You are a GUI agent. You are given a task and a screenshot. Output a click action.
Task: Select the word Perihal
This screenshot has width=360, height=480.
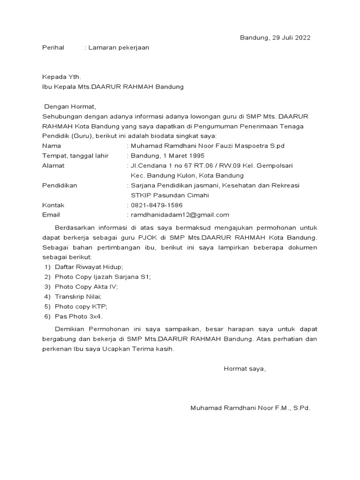pyautogui.click(x=53, y=48)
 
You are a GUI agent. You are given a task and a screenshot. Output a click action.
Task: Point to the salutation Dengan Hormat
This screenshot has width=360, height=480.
pyautogui.click(x=70, y=106)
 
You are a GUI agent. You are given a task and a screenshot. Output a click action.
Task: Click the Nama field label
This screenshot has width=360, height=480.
pyautogui.click(x=52, y=146)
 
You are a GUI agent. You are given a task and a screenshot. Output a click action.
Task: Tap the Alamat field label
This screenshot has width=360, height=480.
pyautogui.click(x=53, y=165)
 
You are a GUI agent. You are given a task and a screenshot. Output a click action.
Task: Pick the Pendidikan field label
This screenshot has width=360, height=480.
pyautogui.click(x=60, y=185)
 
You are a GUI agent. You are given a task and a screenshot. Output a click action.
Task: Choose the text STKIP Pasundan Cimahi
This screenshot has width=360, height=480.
pyautogui.click(x=170, y=195)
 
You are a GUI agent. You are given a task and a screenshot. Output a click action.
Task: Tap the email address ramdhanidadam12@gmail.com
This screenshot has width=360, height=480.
pyautogui.click(x=180, y=215)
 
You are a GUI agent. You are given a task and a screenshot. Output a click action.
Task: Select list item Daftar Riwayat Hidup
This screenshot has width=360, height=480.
pyautogui.click(x=89, y=267)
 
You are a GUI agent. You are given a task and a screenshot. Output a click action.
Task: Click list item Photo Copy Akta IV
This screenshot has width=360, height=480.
pyautogui.click(x=86, y=286)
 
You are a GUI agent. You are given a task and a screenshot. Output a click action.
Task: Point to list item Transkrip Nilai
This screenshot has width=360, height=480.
pyautogui.click(x=78, y=297)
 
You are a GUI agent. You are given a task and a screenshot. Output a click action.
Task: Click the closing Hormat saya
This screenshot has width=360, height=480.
pyautogui.click(x=245, y=368)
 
